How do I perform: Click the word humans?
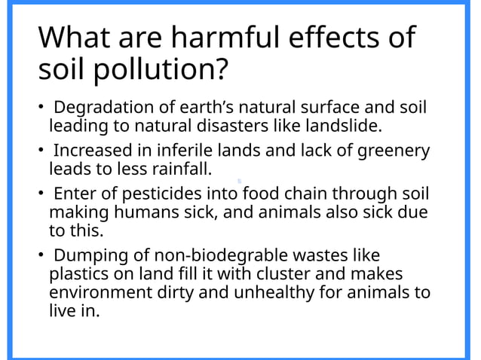(135, 211)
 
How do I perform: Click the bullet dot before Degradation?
(41, 108)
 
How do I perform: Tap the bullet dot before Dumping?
(41, 255)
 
